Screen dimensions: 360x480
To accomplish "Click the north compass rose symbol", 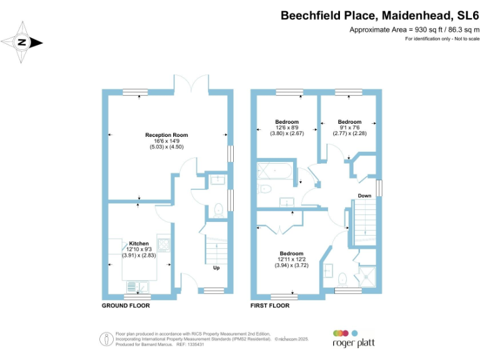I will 22,42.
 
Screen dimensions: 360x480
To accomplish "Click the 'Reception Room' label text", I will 166,135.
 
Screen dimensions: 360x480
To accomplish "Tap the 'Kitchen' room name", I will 139,242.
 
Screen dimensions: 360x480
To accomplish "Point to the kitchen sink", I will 135,286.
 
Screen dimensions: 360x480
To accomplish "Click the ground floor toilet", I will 218,211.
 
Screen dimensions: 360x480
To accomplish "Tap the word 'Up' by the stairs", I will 217,268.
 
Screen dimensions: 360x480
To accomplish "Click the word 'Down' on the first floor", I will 365,196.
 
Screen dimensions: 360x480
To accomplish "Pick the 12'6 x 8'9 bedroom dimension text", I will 287,127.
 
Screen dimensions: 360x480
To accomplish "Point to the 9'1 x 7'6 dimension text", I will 349,127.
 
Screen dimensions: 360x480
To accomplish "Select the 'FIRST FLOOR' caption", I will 270,306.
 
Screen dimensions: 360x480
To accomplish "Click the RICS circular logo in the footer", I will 104,339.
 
